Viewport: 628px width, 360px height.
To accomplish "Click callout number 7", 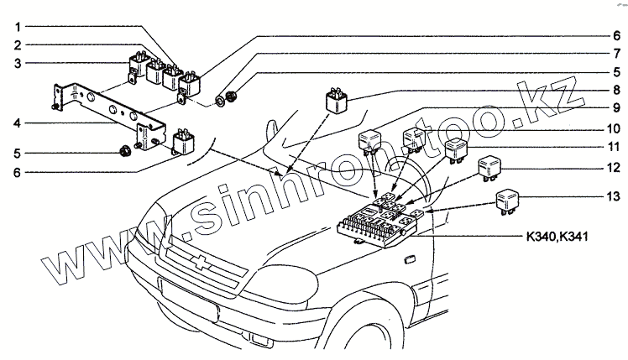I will point(615,55).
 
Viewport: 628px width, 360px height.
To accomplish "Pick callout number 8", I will point(615,89).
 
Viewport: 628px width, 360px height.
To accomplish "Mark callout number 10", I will point(615,128).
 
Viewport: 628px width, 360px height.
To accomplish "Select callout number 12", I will point(615,169).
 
